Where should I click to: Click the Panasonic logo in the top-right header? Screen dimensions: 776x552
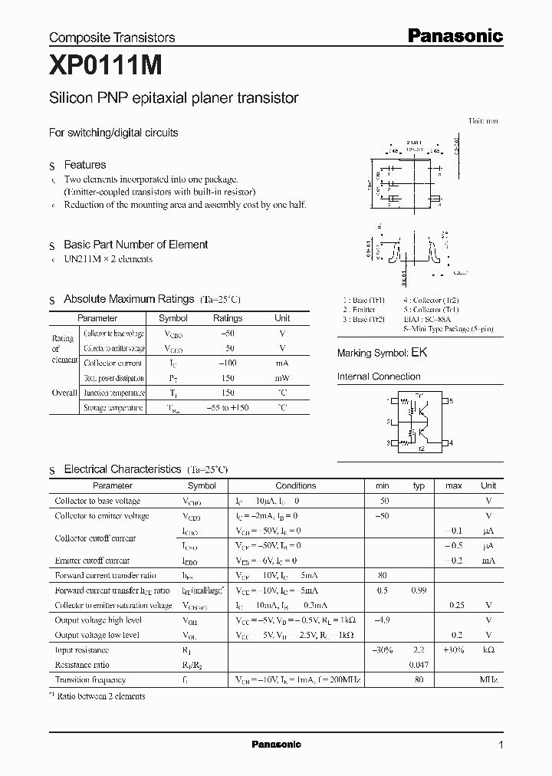coord(454,35)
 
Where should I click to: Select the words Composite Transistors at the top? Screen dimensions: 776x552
coord(112,37)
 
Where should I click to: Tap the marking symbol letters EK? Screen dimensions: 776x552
coord(419,353)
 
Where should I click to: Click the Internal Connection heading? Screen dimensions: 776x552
coord(379,376)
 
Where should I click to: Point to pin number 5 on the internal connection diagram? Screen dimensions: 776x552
coord(452,401)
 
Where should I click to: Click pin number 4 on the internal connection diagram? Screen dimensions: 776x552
coord(452,443)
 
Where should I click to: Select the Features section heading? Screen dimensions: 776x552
coord(84,165)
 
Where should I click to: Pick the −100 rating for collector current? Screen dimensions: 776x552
coord(227,363)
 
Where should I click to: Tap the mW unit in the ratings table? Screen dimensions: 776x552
coord(282,377)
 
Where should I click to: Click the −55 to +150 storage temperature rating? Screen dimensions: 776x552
coord(227,408)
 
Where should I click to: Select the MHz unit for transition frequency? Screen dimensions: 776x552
coord(488,680)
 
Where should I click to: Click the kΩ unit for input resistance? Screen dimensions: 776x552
coord(488,650)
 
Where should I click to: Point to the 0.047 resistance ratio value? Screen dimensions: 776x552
coord(419,665)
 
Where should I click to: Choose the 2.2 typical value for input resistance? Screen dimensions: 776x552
coord(419,650)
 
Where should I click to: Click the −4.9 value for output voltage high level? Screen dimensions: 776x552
coord(382,620)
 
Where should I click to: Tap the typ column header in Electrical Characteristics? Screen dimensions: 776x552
coord(419,485)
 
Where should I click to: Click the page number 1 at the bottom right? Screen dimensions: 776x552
coord(501,745)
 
